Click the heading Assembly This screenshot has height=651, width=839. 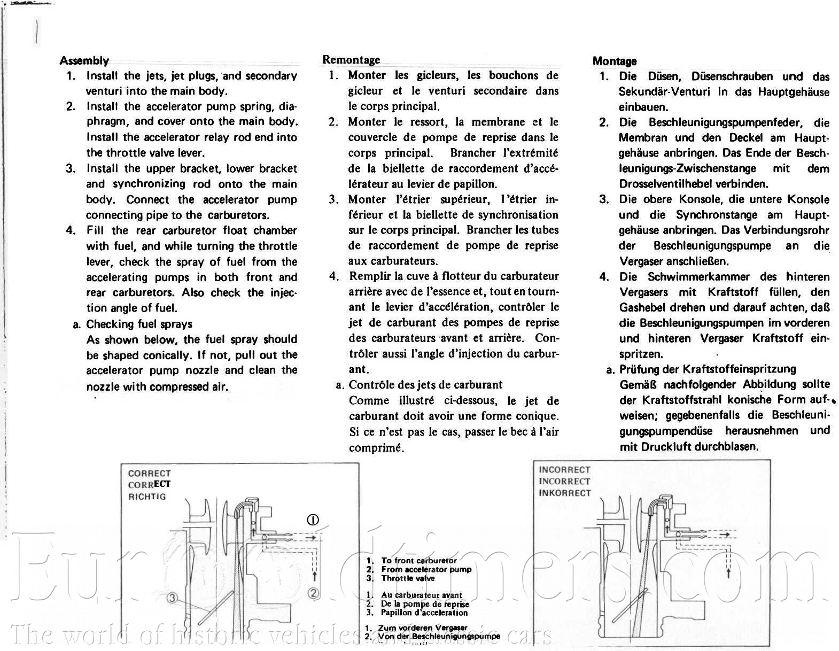(x=84, y=60)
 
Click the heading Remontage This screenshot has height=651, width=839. (x=351, y=59)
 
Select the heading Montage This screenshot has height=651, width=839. (x=615, y=61)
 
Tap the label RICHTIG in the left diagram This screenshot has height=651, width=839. (x=147, y=497)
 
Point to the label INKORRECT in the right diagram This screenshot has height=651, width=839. (x=565, y=493)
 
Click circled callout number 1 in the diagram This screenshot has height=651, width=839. (x=313, y=520)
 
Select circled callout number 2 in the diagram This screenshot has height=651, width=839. (x=313, y=593)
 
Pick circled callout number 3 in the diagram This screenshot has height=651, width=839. (x=172, y=598)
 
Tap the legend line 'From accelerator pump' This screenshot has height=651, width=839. (x=426, y=569)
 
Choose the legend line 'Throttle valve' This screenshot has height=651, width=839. (x=408, y=578)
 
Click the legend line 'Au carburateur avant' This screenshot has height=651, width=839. (x=421, y=595)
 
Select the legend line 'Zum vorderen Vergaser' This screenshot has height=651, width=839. (x=422, y=628)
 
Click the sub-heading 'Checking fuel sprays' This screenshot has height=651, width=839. (x=139, y=324)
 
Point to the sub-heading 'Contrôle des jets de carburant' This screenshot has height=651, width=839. (x=425, y=385)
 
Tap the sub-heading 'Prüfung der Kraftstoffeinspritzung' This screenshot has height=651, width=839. (x=708, y=369)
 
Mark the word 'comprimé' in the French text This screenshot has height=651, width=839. (x=376, y=448)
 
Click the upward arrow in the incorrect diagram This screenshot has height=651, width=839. (x=728, y=573)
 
